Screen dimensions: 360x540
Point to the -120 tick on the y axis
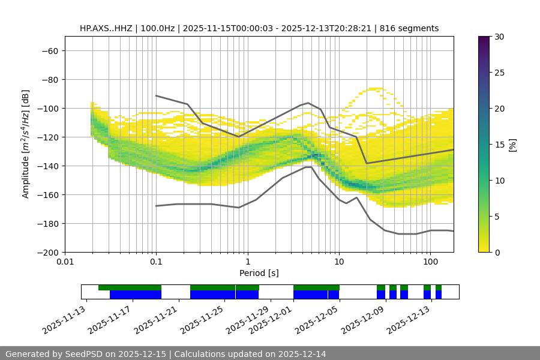[48, 137]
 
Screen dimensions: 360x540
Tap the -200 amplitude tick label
[48, 252]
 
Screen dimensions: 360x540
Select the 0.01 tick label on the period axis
[65, 262]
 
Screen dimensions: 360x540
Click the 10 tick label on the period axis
[339, 262]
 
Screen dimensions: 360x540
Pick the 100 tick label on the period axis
[430, 262]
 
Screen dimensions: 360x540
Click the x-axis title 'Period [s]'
[259, 273]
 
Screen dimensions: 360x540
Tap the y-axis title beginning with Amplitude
[26, 144]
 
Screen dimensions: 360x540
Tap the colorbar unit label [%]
[513, 145]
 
